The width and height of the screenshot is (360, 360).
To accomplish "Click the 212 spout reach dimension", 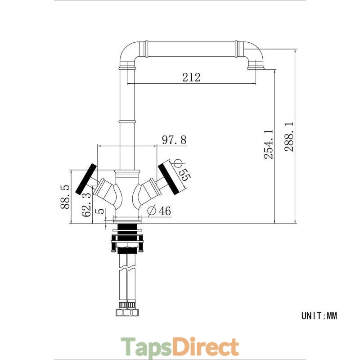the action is pyautogui.click(x=191, y=77).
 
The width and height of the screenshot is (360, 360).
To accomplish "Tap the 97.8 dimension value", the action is pyautogui.click(x=174, y=139).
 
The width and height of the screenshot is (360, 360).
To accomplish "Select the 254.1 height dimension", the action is pyautogui.click(x=268, y=144).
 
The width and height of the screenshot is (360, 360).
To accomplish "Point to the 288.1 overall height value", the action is pyautogui.click(x=289, y=137).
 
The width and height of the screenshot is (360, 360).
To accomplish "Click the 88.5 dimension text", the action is pyautogui.click(x=65, y=197).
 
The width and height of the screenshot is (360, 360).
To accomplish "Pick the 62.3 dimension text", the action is pyautogui.click(x=86, y=205).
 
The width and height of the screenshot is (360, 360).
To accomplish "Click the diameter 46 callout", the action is pyautogui.click(x=159, y=211).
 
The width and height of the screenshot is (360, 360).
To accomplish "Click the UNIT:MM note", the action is pyautogui.click(x=319, y=316).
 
